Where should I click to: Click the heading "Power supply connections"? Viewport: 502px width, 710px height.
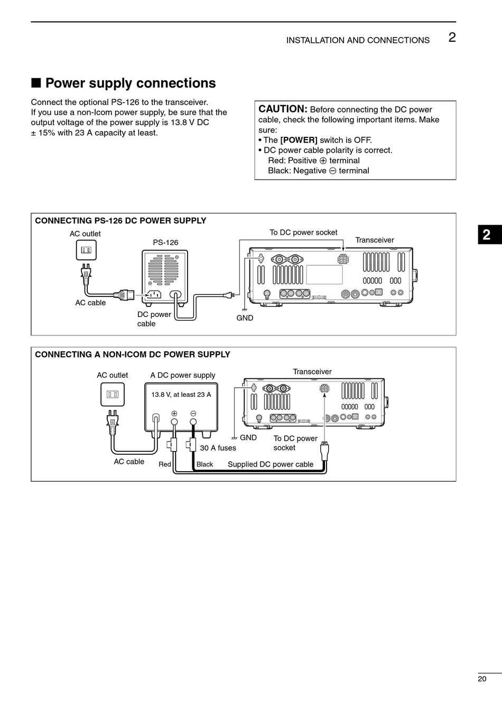click(130, 83)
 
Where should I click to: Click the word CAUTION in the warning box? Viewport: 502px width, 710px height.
click(282, 109)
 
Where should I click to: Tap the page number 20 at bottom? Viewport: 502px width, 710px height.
click(481, 679)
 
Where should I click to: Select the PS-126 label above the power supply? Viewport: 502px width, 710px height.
click(165, 242)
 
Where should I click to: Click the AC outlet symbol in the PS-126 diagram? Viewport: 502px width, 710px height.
click(86, 250)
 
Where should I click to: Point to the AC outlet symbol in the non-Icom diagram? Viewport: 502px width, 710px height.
click(112, 394)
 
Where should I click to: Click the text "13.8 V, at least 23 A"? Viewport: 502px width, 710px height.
click(181, 395)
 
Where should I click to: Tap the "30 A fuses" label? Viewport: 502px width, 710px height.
click(218, 448)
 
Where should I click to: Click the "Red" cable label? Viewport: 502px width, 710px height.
click(165, 464)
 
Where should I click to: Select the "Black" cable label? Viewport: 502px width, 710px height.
click(204, 464)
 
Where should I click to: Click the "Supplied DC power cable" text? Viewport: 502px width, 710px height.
click(271, 464)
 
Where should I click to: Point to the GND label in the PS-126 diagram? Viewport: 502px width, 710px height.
click(245, 318)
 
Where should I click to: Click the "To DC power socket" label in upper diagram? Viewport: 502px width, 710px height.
click(303, 232)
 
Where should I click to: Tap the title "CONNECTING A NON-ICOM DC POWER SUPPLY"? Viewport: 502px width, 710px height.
click(133, 354)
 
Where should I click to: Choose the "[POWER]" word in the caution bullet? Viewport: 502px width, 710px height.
click(299, 140)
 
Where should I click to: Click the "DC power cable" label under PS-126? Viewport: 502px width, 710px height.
click(154, 319)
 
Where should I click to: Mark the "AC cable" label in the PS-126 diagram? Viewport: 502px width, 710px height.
click(90, 303)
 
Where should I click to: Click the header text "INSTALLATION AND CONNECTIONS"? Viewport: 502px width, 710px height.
click(358, 40)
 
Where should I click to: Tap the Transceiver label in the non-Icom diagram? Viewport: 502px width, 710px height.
click(312, 372)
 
